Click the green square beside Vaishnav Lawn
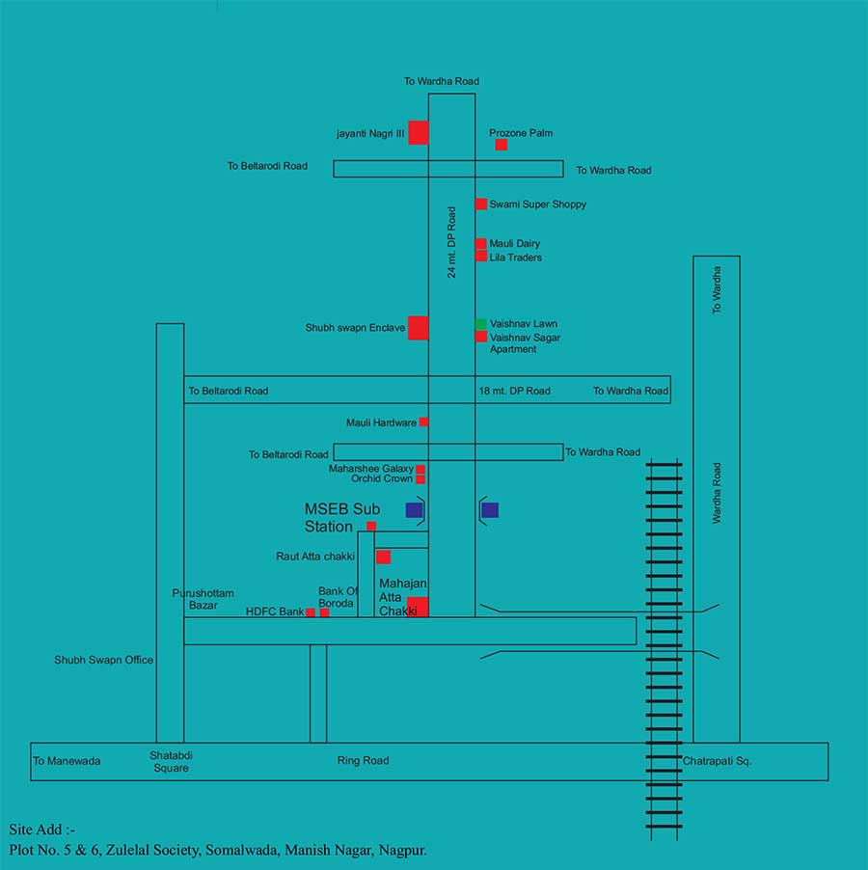(480, 324)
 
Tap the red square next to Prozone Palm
(502, 145)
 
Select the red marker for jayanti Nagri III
(418, 133)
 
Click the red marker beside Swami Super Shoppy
(480, 204)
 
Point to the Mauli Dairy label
(515, 244)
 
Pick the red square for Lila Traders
(480, 257)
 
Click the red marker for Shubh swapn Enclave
(418, 328)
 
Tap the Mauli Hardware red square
(423, 421)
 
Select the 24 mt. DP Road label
(451, 242)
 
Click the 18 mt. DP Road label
(514, 391)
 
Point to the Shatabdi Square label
(171, 762)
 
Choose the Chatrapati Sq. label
(717, 761)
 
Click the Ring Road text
(363, 761)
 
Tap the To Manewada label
(67, 761)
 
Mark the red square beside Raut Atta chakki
(383, 557)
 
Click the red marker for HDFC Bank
(311, 612)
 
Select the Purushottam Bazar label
(203, 599)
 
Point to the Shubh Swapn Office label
(103, 660)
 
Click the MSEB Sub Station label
(342, 518)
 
